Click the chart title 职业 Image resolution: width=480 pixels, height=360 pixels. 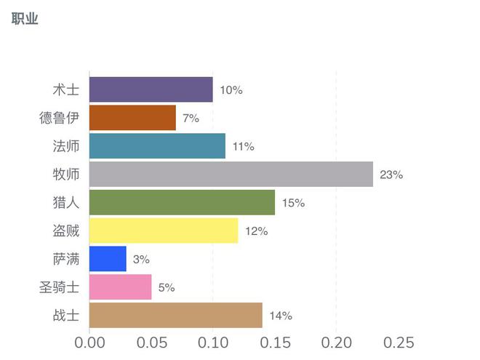click(25, 19)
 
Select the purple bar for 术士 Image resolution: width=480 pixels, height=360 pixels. click(151, 90)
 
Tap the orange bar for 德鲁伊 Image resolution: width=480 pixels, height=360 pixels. click(132, 118)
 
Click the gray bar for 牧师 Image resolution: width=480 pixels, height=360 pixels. click(231, 175)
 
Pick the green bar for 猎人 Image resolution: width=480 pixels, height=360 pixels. click(182, 203)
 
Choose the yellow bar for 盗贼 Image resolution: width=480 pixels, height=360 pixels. click(164, 231)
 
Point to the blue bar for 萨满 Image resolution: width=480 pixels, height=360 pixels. click(108, 259)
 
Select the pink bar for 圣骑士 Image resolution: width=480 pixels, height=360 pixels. click(120, 287)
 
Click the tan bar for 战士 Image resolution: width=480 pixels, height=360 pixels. click(175, 316)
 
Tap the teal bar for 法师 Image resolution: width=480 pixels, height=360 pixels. click(157, 146)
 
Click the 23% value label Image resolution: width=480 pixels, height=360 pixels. click(391, 175)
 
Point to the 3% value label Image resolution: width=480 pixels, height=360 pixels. click(141, 259)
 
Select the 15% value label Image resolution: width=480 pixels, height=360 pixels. click(293, 203)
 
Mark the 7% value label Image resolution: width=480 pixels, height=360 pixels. click(191, 118)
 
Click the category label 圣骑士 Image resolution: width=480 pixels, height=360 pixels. click(59, 287)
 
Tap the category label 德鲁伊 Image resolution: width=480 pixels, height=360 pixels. click(59, 118)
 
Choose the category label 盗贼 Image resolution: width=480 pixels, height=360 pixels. click(65, 231)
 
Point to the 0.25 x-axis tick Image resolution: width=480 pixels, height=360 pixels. click(399, 343)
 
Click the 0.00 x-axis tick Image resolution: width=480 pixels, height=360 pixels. click(89, 343)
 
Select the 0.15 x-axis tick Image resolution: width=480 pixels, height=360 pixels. click(275, 343)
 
